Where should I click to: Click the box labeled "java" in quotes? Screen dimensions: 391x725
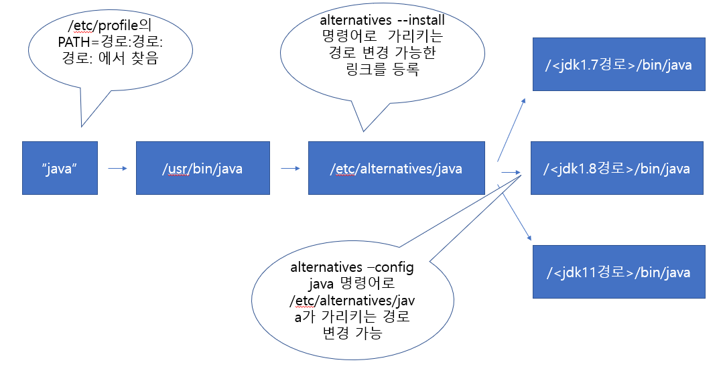pos(60,168)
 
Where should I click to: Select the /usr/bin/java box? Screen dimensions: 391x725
pos(202,168)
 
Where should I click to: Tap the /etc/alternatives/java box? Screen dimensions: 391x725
pos(396,168)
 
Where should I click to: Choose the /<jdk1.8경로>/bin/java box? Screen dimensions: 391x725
pos(617,168)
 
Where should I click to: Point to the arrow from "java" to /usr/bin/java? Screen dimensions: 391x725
pos(117,169)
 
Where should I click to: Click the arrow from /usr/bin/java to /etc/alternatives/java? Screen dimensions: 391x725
pos(290,169)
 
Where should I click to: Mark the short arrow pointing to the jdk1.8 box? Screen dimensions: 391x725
pos(511,173)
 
